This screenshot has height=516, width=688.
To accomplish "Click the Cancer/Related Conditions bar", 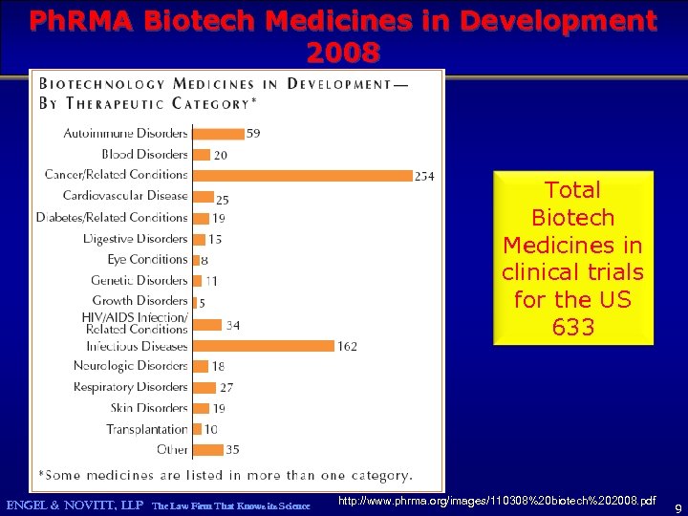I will pos(302,175).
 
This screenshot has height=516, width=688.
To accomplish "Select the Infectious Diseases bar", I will pos(263,346).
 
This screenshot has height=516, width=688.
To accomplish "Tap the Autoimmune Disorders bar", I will pos(218,133).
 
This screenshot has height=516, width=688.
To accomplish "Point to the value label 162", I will pos(347,346).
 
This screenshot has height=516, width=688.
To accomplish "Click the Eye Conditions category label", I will pos(147,260).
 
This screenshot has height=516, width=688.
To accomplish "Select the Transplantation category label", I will pos(147,429).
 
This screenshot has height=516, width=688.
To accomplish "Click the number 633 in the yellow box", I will pos(572,328).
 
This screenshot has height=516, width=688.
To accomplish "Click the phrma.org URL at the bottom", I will pos(497,501).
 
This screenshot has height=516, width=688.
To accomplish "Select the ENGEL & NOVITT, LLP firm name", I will pos(75,505).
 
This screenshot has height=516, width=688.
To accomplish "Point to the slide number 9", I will pos(677,506).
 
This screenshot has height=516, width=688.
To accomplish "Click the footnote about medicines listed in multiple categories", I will pos(226,474).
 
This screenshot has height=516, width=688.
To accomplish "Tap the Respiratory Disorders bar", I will pos(204,387).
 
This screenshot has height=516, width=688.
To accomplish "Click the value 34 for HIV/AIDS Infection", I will pos(232,325).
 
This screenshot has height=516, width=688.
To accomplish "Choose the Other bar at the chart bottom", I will pos(207,450).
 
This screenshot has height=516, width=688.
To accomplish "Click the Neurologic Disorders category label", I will pos(130,366).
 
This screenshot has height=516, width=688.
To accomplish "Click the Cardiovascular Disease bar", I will pos(203,197).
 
